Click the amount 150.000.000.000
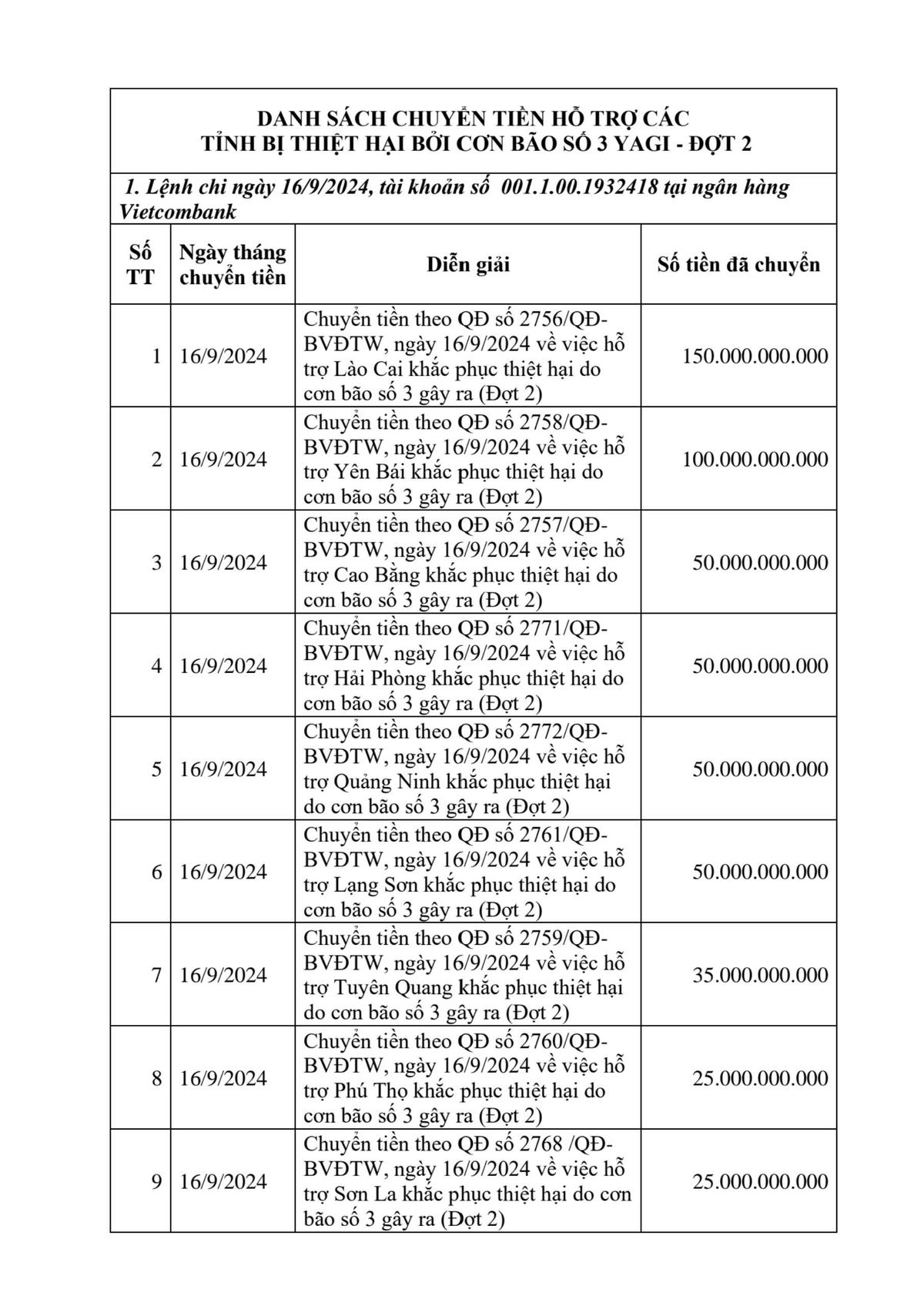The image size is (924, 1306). pos(755,357)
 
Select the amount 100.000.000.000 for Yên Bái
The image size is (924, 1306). pos(755,460)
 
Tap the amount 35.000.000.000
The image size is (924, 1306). pos(760,975)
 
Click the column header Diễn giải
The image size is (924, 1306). pos(468,264)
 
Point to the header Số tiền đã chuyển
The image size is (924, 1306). pos(738,264)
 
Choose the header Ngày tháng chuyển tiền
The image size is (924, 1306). pos(233,264)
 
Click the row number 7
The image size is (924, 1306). pos(156,975)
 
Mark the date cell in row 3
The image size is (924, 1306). pos(223,563)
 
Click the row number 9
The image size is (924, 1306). pos(156,1181)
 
